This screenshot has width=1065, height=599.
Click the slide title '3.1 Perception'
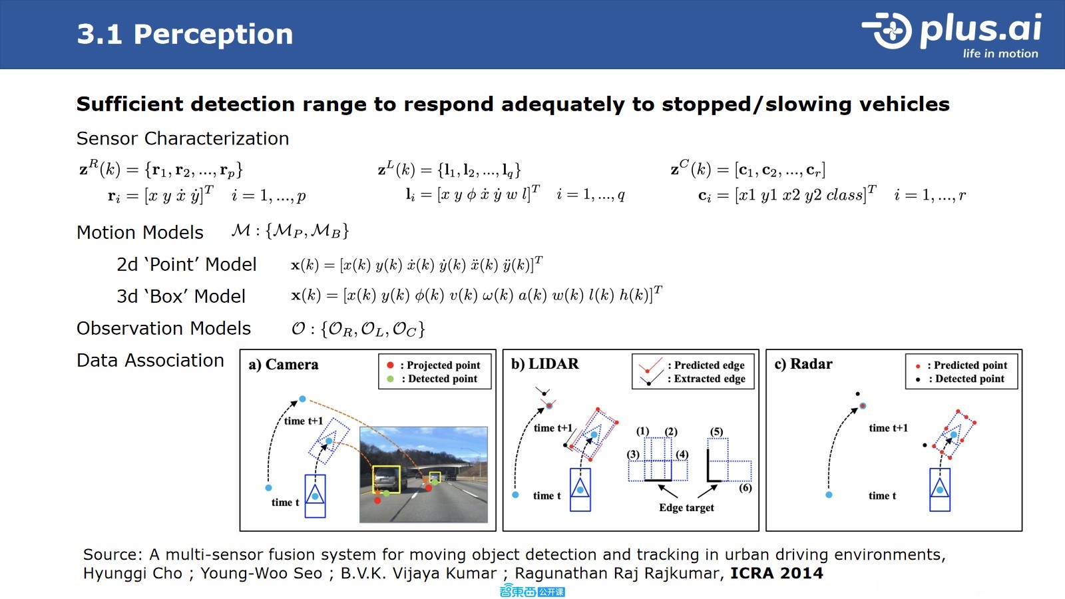184,35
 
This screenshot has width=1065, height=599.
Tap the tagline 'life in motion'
1000,54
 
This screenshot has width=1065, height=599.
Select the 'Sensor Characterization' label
182,138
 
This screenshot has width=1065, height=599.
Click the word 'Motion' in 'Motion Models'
106,232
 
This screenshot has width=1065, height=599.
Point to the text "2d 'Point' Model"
186,264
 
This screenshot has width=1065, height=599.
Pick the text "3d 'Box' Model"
181,296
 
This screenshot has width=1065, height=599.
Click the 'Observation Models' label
164,329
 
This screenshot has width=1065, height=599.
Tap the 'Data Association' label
150,360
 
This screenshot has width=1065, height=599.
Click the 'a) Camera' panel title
284,365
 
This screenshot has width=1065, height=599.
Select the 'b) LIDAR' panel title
545,363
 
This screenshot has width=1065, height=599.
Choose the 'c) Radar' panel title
803,363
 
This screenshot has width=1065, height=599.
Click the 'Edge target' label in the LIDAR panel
686,508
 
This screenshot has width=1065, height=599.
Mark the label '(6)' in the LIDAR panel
745,488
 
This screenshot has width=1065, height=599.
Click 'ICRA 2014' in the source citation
776,573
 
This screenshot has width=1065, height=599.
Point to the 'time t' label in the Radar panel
883,496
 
